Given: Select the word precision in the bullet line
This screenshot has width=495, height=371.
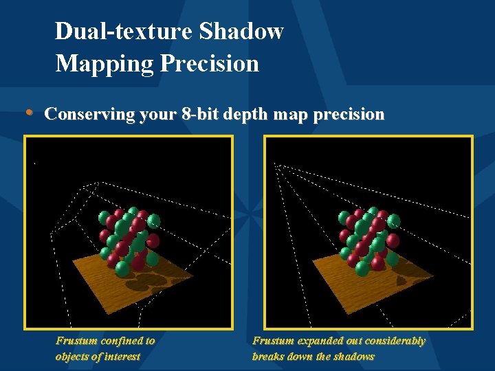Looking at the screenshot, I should pos(348,114).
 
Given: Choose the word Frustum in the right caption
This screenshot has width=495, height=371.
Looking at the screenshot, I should pos(273,341).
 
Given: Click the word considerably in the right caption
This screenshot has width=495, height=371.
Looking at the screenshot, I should pos(395,341).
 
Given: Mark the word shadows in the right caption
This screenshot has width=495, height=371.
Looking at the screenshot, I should pos(354,356).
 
